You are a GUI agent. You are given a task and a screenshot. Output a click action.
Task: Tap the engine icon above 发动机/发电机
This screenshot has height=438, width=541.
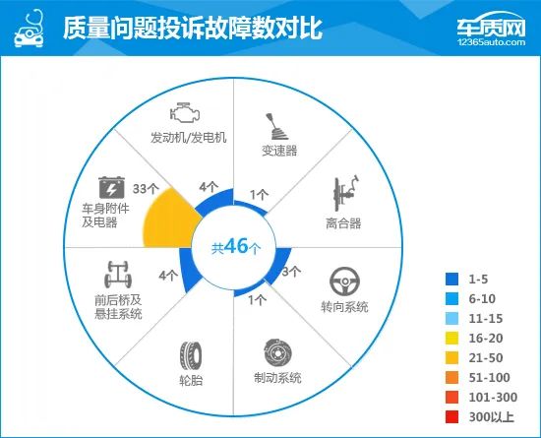185,112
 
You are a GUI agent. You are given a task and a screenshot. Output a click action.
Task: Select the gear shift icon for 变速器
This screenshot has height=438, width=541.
276,126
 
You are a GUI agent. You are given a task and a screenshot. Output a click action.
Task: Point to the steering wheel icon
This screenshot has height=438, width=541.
344,282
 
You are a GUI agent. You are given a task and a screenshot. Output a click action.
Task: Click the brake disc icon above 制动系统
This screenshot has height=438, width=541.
277,353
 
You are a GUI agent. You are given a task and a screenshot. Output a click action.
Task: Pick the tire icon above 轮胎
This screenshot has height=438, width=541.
191,356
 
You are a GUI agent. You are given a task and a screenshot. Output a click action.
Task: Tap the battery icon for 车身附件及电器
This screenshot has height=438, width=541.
111,187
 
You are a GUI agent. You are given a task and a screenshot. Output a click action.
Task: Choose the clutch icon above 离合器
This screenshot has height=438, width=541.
345,193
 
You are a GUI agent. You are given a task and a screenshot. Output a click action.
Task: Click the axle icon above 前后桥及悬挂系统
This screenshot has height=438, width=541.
118,274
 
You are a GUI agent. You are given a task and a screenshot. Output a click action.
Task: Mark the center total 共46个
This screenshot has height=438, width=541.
236,247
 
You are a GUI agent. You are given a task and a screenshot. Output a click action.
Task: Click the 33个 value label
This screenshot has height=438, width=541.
146,188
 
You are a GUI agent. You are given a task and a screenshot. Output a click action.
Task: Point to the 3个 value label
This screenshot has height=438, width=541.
291,272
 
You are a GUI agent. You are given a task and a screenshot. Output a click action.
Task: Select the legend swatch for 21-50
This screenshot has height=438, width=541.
451,358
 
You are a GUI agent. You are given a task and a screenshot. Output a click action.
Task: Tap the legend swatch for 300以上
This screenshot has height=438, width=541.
451,417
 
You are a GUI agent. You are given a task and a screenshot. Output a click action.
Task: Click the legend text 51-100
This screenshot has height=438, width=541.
489,378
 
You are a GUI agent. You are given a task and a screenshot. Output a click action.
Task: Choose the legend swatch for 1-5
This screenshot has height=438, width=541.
451,279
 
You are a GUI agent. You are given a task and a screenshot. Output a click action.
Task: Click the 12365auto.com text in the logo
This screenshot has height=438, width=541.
491,42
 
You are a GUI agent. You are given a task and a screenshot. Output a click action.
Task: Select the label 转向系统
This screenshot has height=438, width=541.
344,306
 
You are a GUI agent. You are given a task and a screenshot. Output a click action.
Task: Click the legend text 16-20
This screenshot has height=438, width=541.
486,339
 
